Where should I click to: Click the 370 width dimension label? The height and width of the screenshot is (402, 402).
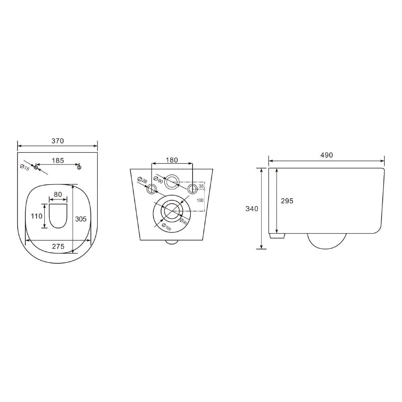coord(57,141)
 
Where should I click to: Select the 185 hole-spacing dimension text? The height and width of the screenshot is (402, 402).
coord(57,160)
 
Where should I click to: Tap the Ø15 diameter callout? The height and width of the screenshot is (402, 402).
coord(25,167)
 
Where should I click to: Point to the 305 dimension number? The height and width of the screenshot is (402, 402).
coord(81,219)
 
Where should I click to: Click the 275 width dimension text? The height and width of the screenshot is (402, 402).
coord(58,246)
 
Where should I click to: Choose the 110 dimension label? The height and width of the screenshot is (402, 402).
coord(37,216)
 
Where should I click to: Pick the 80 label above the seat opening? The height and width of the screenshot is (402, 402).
coord(58,194)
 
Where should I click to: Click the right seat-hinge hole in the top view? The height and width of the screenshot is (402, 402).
coord(79,167)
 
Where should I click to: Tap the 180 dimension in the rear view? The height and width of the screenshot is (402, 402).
coord(172,160)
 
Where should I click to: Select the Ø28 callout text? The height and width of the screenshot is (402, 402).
coord(142,180)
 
